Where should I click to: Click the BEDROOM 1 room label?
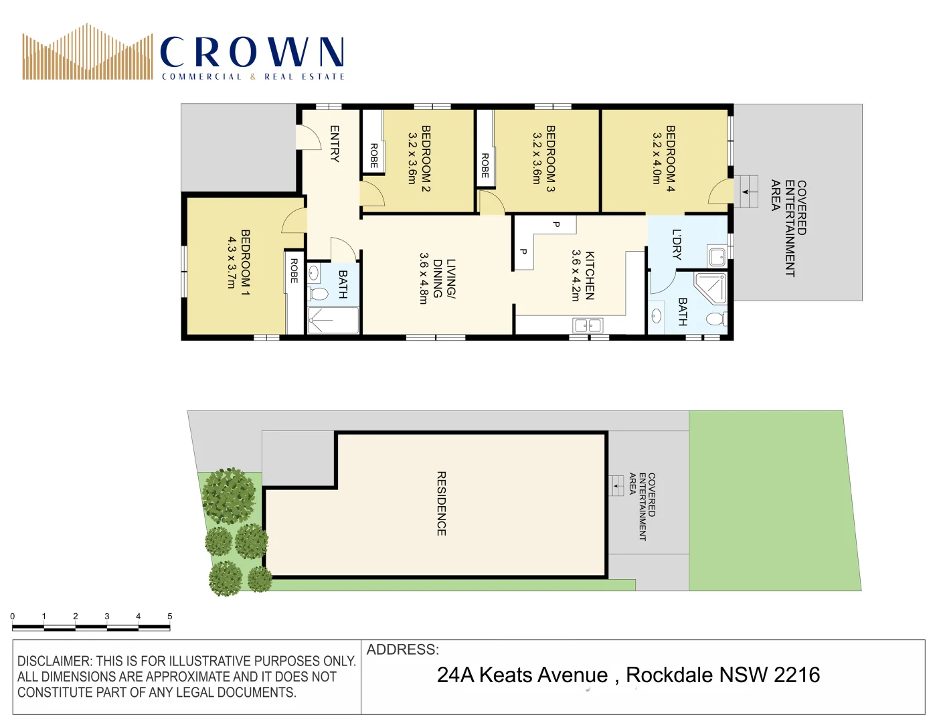coord(246,262)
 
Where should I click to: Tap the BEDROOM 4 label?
coord(670,159)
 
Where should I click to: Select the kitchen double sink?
coord(588,326)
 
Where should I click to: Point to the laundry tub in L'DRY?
coord(717,256)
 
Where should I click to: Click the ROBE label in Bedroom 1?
coord(294,270)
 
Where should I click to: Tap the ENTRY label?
coord(335,144)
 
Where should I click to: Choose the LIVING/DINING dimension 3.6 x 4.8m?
coord(423,278)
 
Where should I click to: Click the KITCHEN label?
coord(590,275)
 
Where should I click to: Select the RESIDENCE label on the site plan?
coord(441,503)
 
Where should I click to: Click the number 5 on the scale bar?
coord(170,616)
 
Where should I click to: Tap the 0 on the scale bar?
coord(13,616)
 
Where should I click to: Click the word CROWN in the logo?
coord(252,52)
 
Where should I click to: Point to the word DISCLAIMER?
coord(54,661)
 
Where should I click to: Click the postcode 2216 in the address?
coord(796,675)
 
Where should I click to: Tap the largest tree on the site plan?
coord(229,495)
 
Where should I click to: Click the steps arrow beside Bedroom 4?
coord(746,192)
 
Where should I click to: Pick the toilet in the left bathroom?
coord(319,294)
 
